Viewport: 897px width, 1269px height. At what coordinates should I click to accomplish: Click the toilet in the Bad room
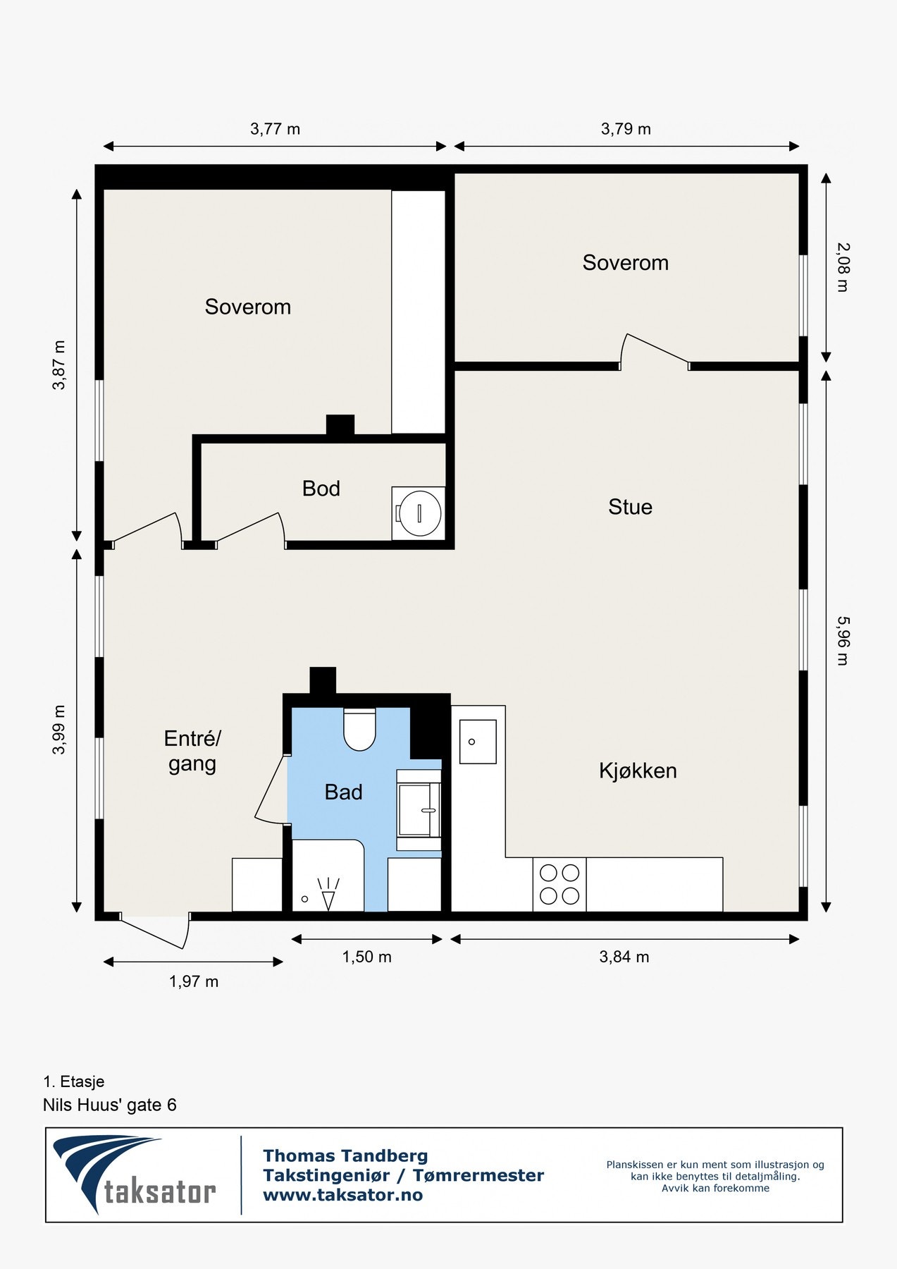coord(359,729)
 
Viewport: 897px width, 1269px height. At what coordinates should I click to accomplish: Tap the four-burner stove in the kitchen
coord(559,885)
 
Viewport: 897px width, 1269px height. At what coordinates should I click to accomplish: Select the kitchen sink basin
coord(478,742)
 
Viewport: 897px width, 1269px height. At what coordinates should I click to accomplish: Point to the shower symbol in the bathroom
coord(328,893)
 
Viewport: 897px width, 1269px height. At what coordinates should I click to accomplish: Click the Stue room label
coord(630,507)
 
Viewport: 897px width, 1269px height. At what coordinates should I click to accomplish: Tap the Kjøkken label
coord(638,771)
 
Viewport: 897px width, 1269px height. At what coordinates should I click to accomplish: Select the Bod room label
coord(321,489)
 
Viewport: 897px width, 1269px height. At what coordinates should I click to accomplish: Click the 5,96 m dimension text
coord(843,641)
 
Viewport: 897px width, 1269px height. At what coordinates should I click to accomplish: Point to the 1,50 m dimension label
coord(366,957)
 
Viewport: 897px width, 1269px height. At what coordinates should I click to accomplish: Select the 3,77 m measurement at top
coord(275,129)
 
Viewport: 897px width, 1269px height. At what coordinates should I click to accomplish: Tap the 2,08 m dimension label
coord(843,267)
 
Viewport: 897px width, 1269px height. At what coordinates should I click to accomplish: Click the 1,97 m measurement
coord(194,981)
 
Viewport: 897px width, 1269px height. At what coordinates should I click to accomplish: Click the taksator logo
coord(134,1175)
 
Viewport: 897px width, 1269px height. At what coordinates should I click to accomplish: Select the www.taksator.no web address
coord(343,1195)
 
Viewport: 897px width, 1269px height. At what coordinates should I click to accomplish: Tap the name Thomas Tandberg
coord(345,1155)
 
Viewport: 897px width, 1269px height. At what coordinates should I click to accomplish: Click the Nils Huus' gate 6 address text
coord(110,1105)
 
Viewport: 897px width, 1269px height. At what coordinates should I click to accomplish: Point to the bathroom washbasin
coord(419,810)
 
